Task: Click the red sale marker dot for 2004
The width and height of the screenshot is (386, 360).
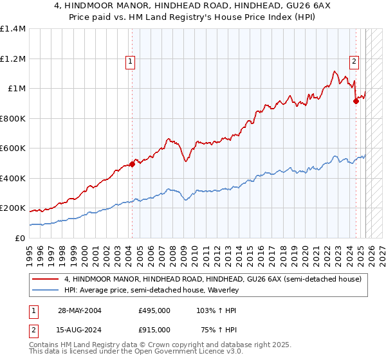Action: click(x=132, y=164)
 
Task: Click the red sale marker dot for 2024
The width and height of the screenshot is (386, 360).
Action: click(x=356, y=100)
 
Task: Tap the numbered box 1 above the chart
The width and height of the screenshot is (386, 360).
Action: click(x=130, y=62)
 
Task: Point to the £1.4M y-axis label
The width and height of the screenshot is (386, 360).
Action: click(x=13, y=29)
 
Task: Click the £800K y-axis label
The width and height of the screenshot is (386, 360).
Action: click(x=13, y=118)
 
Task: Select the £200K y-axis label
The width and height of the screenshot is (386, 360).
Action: click(x=13, y=208)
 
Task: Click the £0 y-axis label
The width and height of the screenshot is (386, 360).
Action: click(x=21, y=238)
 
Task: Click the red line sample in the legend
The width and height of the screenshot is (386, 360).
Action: click(x=45, y=279)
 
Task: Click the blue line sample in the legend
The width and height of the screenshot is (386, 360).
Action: click(x=45, y=291)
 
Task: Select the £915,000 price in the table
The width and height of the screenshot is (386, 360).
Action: click(x=154, y=329)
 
